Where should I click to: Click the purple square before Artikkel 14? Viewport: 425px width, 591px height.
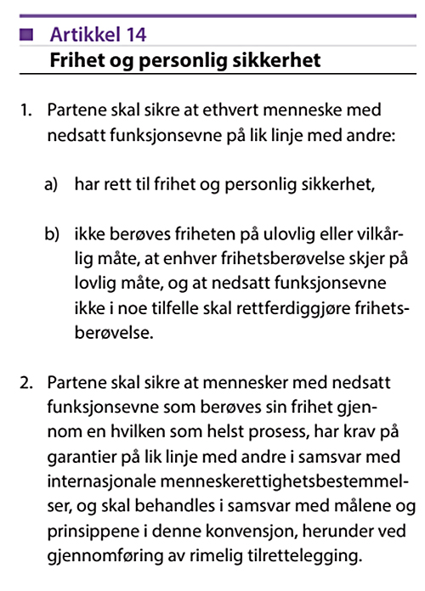coord(25,35)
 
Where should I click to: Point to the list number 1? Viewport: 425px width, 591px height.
coord(25,110)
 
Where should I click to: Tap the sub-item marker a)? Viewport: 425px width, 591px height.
coord(52,183)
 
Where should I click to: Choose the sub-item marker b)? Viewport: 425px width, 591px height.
coord(52,234)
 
